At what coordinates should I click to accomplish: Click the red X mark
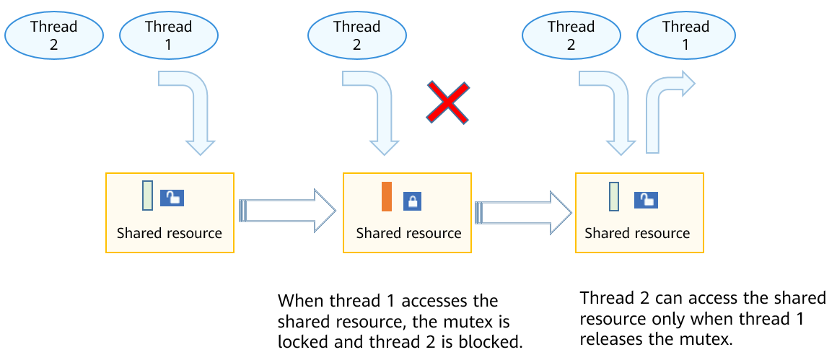click(447, 101)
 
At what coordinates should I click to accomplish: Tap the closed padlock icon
click(412, 201)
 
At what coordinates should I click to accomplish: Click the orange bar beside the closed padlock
click(387, 197)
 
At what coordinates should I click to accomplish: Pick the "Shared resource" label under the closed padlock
click(408, 233)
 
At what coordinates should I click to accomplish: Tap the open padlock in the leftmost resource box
click(172, 198)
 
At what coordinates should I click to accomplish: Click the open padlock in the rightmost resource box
click(646, 201)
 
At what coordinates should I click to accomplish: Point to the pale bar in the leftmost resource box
click(147, 196)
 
